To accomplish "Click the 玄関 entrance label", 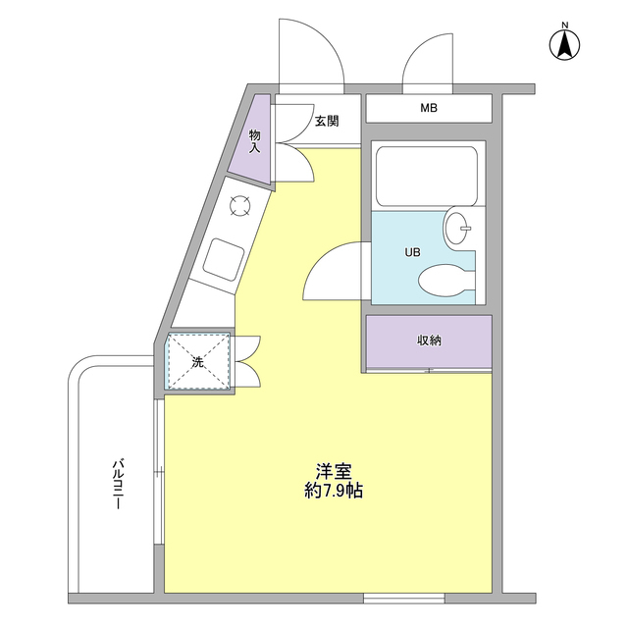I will tap(327, 122).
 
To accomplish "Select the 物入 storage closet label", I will tap(255, 141).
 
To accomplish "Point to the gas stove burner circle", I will tap(239, 205).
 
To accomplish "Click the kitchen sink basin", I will tap(224, 258).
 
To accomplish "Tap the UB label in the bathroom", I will tap(413, 252).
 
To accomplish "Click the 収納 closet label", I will tap(429, 340).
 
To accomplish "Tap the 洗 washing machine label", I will tap(197, 362).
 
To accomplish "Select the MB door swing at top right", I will tap(427, 54).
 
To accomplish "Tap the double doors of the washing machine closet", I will tap(247, 361).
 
